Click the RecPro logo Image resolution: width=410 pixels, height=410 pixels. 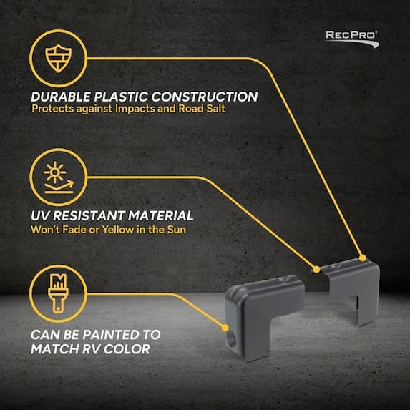pos(352,39)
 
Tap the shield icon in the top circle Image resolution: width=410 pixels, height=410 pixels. pos(58,58)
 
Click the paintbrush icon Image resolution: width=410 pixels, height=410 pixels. pos(58,293)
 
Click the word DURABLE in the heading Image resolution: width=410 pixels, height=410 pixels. pos(61,97)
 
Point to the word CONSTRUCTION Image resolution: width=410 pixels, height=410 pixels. pos(205,97)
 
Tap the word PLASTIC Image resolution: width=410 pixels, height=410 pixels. pos(121,97)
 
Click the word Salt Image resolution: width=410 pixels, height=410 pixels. pos(215,109)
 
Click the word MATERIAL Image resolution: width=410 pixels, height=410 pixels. pos(160,215)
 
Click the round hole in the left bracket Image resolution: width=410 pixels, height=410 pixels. pos(232,341)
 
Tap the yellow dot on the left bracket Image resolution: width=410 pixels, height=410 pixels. pos(225,328)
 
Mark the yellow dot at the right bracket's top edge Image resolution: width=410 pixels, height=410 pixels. pos(362,258)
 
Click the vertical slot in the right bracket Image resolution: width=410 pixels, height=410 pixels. pos(356,306)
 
